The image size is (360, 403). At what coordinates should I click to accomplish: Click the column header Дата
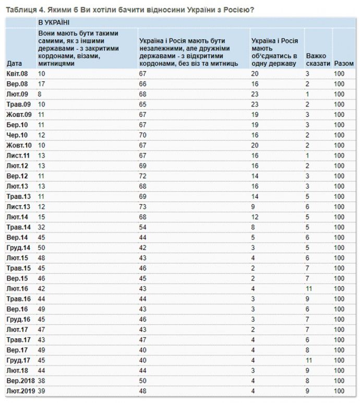[x=15, y=63]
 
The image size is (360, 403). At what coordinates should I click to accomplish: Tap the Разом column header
[x=342, y=63]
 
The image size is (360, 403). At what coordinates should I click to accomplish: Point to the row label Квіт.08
[x=18, y=74]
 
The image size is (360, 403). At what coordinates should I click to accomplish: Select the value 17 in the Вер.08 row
[x=42, y=84]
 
